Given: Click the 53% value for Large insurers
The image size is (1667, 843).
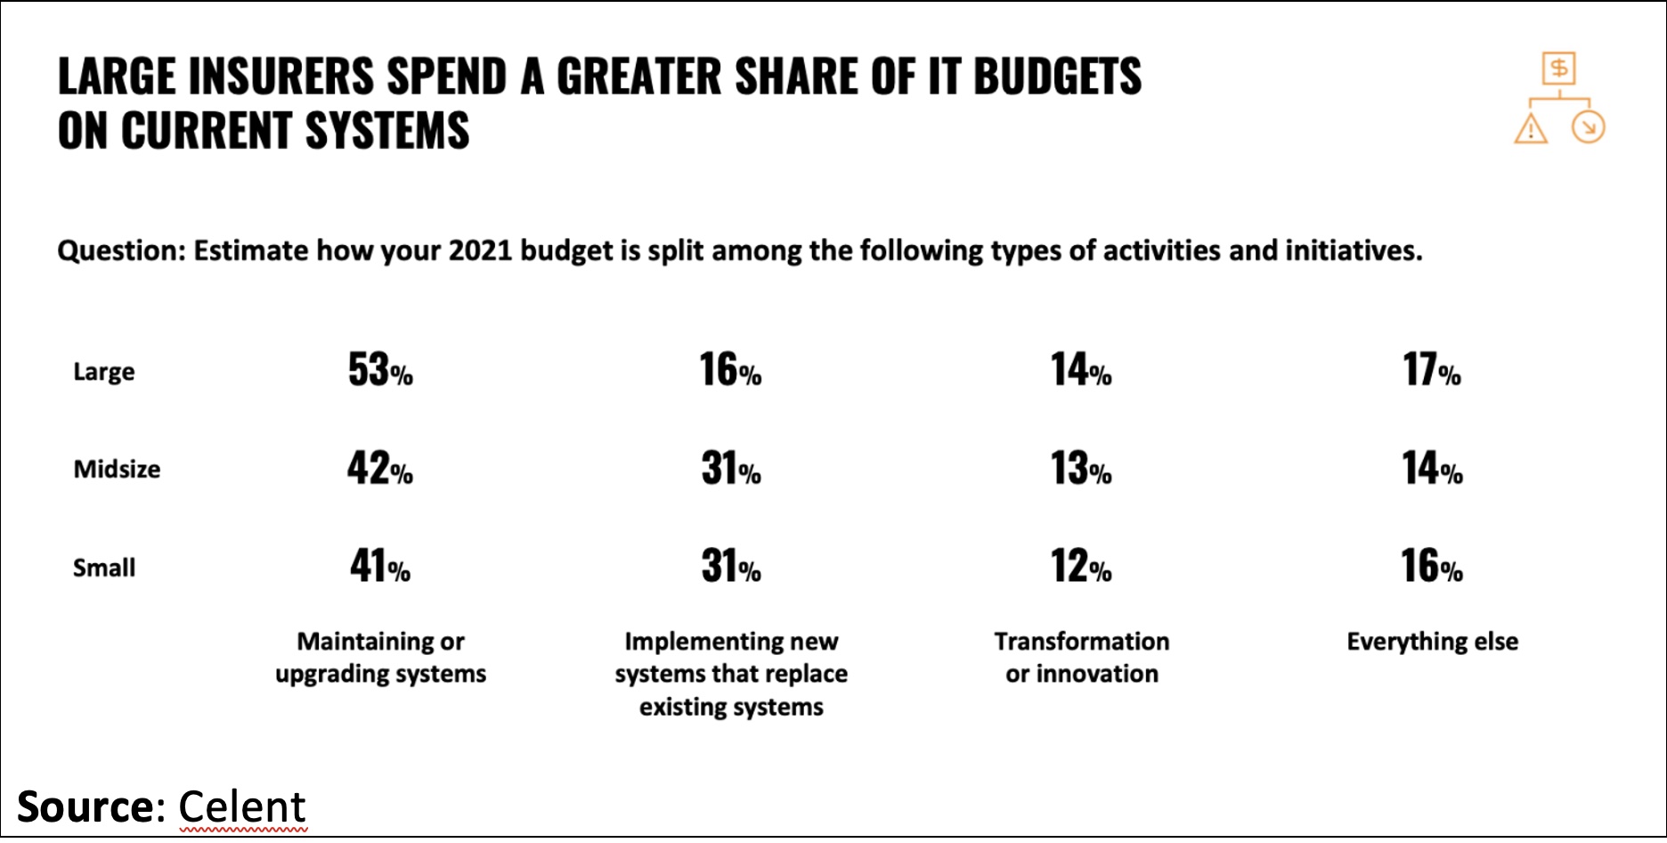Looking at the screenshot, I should (x=380, y=370).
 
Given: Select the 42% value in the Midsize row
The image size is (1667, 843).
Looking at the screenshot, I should (x=380, y=468).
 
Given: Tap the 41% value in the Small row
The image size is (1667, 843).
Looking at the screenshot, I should (x=380, y=566).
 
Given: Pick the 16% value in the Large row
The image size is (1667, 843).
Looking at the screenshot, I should (x=730, y=370).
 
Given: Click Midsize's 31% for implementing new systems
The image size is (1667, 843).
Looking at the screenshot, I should (x=730, y=468).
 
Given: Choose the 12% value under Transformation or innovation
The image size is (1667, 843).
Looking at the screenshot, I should (x=1081, y=566).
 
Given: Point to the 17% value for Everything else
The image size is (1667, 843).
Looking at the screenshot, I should (x=1432, y=370).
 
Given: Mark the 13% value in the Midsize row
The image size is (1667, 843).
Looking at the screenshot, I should (x=1081, y=468).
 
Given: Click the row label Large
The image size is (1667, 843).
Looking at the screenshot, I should (x=104, y=372).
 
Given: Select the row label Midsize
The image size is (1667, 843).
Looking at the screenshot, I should (x=117, y=470).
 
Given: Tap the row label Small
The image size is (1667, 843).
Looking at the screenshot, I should (x=104, y=568).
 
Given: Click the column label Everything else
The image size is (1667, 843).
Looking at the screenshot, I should (x=1432, y=642).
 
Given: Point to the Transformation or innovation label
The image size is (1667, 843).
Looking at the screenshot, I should (x=1081, y=658).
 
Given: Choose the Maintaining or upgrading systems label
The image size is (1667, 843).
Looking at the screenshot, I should (x=380, y=658).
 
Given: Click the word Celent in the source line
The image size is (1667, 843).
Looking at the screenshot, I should (x=242, y=807).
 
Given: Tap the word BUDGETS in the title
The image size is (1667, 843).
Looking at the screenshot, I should (x=1057, y=77).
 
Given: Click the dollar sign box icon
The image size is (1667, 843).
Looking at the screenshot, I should (x=1559, y=68).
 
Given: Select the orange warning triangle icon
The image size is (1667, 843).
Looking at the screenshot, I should (x=1531, y=129).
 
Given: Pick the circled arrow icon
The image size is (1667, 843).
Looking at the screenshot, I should (x=1588, y=127).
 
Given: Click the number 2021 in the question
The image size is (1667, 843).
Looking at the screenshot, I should (x=480, y=250).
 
